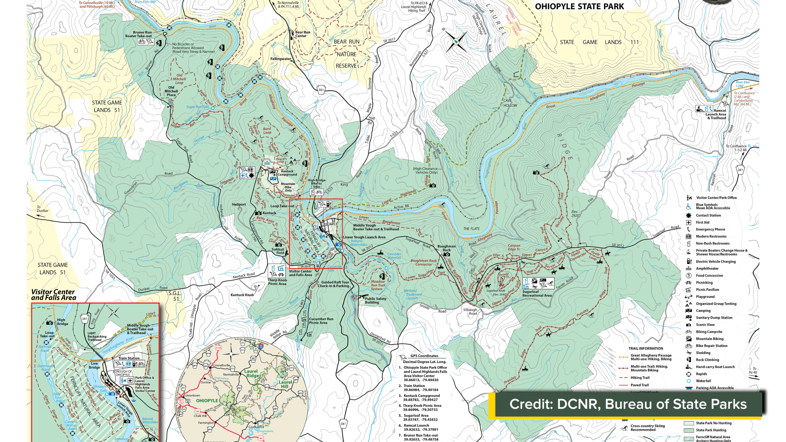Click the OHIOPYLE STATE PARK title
click(579, 7)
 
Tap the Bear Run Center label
click(302, 34)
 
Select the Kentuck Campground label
click(287, 173)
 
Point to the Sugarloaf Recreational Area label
click(537, 294)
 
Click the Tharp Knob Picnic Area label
click(277, 282)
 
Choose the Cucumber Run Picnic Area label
click(321, 321)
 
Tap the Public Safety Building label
click(375, 300)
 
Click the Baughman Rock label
click(446, 248)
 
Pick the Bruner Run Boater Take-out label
click(139, 34)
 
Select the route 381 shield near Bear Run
click(321, 90)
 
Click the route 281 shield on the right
click(740, 170)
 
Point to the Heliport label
click(239, 205)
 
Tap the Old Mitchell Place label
click(171, 91)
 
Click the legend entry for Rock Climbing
click(707, 360)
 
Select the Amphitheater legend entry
click(707, 269)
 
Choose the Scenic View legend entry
click(705, 325)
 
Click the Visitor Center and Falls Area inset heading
click(53, 295)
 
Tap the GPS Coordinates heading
click(424, 356)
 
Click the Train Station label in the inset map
click(129, 358)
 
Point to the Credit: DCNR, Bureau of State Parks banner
click(628, 404)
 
